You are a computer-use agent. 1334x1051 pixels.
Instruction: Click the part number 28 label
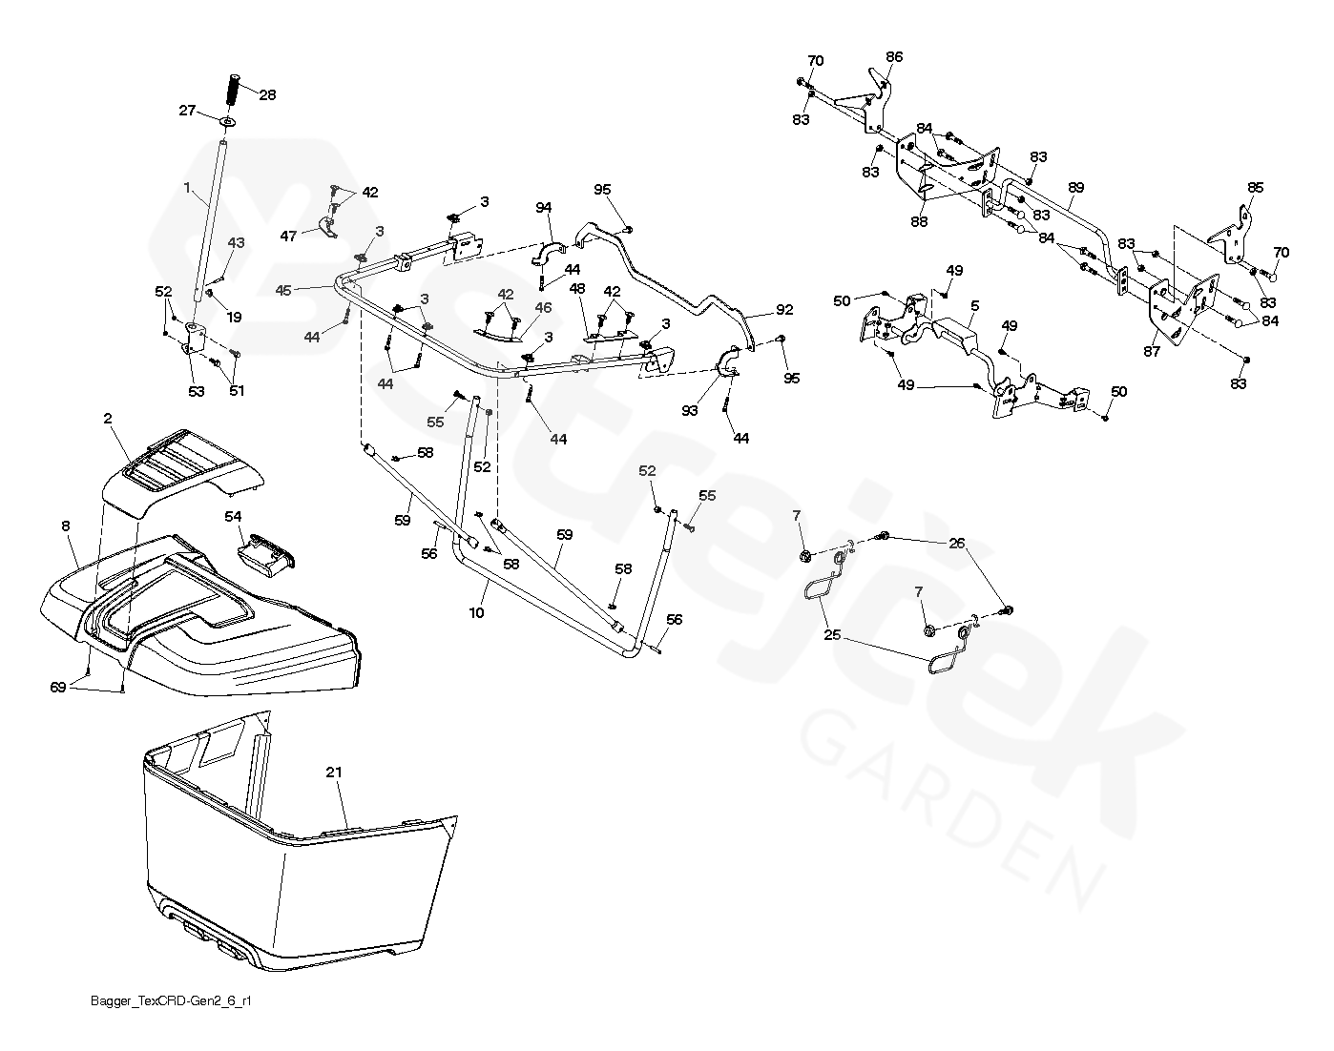point(268,94)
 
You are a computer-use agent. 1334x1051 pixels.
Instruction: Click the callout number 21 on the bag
point(333,772)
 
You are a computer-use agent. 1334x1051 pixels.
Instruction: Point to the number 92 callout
point(784,310)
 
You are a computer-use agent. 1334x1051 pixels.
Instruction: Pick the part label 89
point(1076,188)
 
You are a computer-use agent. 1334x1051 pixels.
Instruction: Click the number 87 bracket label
point(1153,352)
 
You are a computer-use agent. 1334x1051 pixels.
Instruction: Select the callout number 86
point(893,57)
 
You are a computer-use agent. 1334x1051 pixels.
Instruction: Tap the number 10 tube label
point(476,612)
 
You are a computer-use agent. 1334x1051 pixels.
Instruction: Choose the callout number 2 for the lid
point(108,419)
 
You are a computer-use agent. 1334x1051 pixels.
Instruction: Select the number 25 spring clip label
point(833,634)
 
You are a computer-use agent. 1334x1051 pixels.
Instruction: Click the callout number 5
point(975,306)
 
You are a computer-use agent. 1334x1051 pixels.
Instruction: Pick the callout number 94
point(544,208)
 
